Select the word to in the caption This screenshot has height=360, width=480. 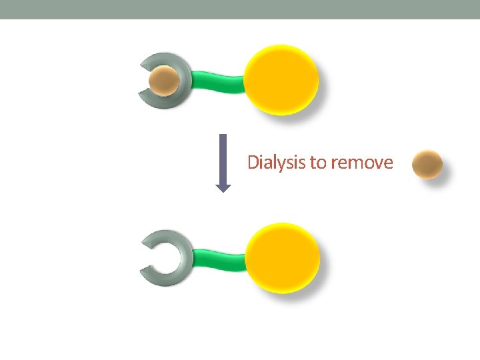point(317,163)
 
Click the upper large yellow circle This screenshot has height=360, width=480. point(281,80)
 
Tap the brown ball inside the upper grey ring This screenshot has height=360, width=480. point(163,81)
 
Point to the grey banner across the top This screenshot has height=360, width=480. point(240,9)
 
